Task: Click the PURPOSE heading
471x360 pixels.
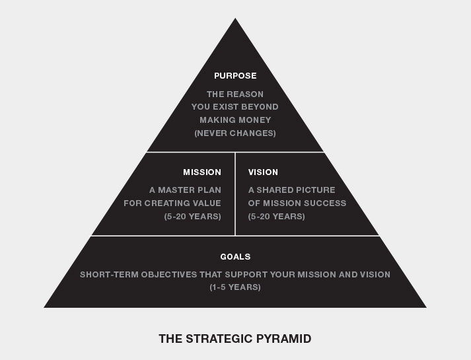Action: coord(235,76)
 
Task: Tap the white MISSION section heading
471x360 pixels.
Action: coord(202,172)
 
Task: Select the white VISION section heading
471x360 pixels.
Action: coord(263,172)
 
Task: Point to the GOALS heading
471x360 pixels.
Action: coord(235,257)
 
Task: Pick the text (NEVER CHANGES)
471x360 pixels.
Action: coord(235,133)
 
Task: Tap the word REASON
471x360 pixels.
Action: coord(245,94)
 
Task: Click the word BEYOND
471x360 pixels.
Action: coord(260,107)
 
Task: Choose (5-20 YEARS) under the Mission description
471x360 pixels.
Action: coord(192,217)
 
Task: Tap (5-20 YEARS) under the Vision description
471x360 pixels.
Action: coord(277,217)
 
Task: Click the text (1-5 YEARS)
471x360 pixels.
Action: coord(235,287)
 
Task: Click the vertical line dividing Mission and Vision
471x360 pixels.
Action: coord(235,194)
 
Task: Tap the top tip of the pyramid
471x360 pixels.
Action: coord(235,18)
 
